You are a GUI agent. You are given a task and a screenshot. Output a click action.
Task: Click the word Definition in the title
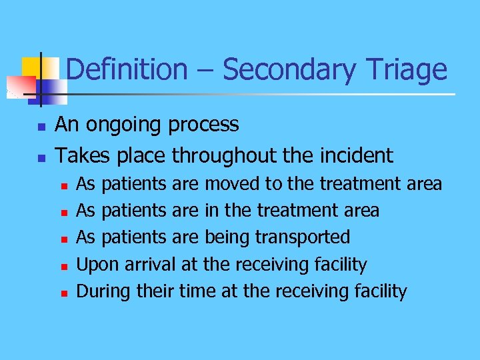[x=127, y=70]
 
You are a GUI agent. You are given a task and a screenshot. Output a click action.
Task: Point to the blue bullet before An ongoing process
[x=41, y=126]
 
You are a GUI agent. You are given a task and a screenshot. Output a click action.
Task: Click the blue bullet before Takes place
[x=41, y=158]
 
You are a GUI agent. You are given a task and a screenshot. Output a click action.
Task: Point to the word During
[x=104, y=291]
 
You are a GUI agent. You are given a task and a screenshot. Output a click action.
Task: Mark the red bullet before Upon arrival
[x=63, y=266]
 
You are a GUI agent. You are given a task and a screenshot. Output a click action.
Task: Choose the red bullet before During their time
[x=63, y=293]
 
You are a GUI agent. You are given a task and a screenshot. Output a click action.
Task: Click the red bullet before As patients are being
[x=63, y=239]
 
